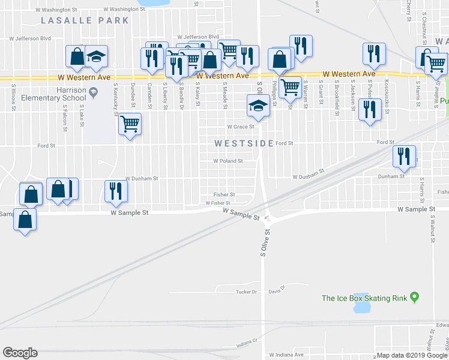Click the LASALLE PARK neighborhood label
tap(85, 20)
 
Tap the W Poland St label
tap(228, 161)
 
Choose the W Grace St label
tap(241, 127)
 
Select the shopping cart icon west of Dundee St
tap(130, 124)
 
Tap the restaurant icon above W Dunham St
tap(115, 190)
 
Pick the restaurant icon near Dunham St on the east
tap(403, 156)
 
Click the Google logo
tap(20, 353)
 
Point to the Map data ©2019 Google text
tap(412, 355)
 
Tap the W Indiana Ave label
tap(286, 355)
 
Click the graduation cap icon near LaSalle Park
tap(96, 56)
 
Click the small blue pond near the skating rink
tap(362, 307)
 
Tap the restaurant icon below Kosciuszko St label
tap(370, 109)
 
